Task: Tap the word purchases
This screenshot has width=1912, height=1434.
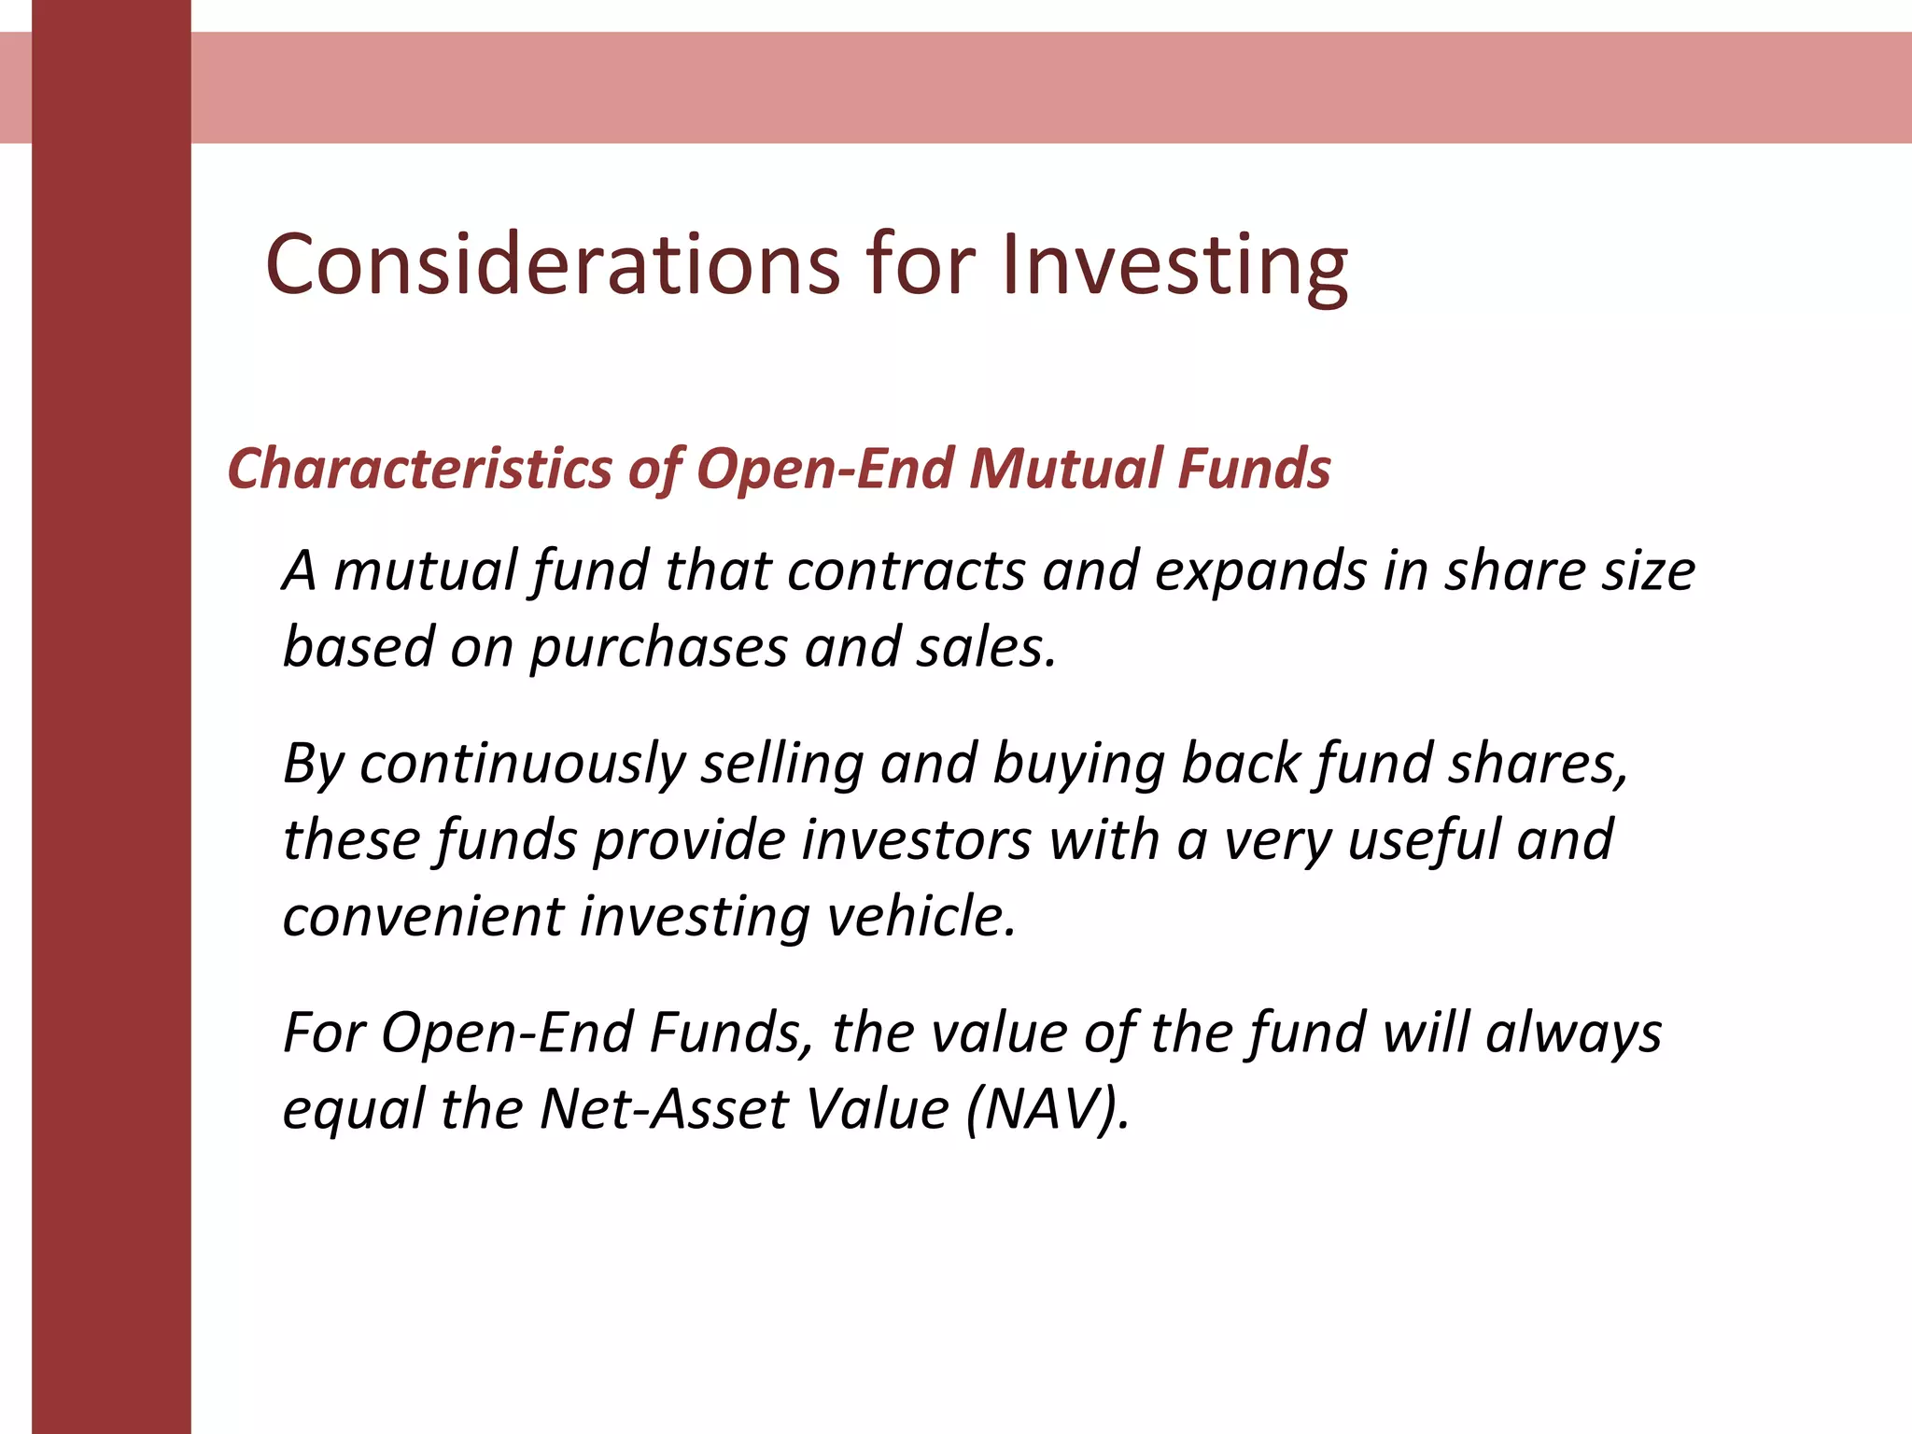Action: [659, 648]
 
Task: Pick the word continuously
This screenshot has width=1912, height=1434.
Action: [523, 764]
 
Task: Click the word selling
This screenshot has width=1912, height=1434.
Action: [782, 764]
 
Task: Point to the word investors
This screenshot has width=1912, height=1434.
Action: [916, 839]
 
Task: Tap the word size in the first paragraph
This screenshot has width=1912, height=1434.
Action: [1648, 570]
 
